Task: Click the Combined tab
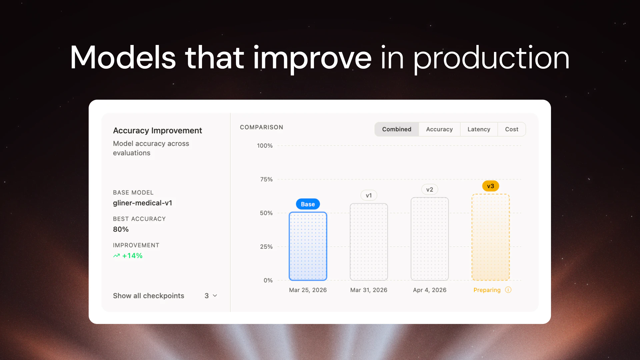point(396,129)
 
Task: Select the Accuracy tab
point(439,129)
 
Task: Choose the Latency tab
point(479,129)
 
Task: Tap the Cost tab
point(512,129)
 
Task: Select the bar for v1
point(369,242)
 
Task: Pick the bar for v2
point(430,239)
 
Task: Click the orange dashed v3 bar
point(490,237)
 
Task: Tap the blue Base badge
point(308,204)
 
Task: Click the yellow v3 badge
point(490,186)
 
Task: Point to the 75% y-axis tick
point(266,179)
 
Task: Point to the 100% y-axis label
point(265,146)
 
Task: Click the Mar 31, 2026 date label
point(369,290)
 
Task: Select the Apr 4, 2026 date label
point(430,290)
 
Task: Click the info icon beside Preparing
point(508,290)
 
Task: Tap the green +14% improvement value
point(132,256)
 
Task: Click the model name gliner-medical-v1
point(142,203)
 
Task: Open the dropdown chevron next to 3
point(215,296)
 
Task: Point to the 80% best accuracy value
point(121,229)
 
